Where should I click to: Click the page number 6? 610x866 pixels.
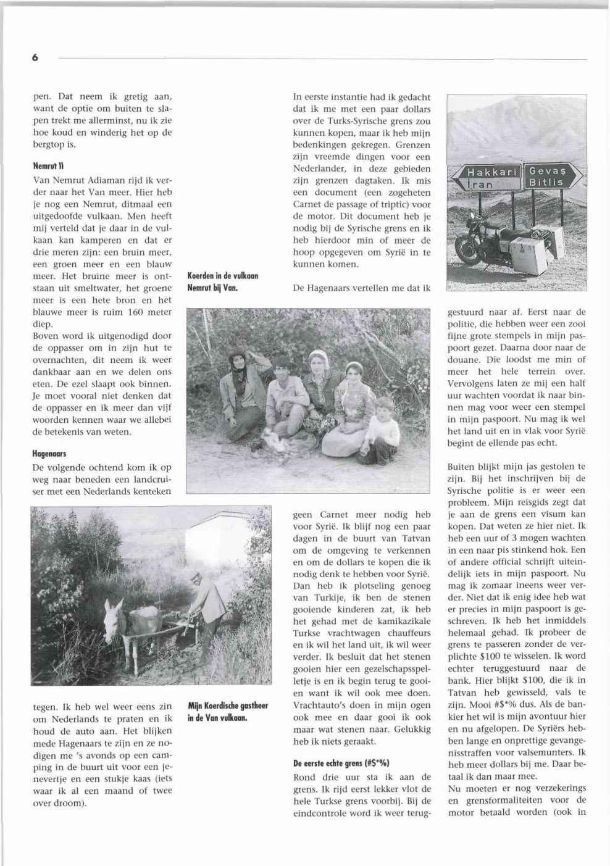pos(35,58)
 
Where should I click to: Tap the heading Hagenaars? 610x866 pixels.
pos(49,453)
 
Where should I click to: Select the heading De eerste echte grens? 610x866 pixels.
pos(341,763)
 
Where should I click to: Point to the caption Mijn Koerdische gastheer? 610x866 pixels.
pos(228,705)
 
